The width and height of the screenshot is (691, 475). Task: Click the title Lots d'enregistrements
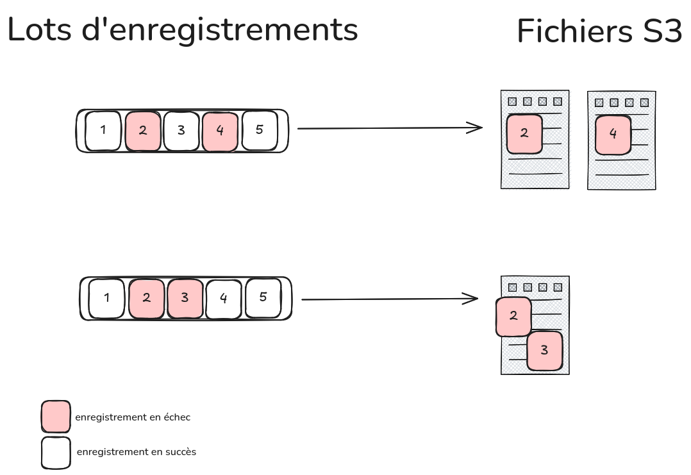click(182, 30)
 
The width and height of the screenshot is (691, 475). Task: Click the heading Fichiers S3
click(599, 31)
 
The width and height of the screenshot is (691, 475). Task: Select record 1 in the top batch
click(103, 131)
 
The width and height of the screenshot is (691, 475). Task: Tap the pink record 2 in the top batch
click(143, 131)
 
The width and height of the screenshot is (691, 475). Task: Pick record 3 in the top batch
click(181, 131)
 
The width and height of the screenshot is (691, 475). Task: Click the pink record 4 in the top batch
click(220, 131)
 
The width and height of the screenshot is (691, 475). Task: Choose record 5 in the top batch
click(260, 130)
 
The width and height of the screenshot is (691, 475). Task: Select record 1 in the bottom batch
click(106, 298)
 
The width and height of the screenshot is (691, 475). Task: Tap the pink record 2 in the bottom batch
click(147, 298)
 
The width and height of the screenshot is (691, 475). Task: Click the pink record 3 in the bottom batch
click(185, 298)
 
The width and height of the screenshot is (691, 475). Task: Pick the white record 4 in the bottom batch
click(224, 298)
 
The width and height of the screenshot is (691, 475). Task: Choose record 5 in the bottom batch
click(263, 297)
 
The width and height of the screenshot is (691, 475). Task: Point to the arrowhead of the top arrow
click(478, 128)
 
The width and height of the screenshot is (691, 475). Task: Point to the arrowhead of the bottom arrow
click(474, 299)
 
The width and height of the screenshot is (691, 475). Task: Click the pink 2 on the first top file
click(524, 134)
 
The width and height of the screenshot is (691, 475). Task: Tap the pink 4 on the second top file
click(613, 135)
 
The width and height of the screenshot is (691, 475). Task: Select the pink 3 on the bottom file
click(545, 351)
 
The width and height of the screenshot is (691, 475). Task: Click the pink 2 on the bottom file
click(513, 316)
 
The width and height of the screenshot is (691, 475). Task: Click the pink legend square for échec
click(56, 417)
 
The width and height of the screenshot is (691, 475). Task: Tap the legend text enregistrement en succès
click(136, 452)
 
